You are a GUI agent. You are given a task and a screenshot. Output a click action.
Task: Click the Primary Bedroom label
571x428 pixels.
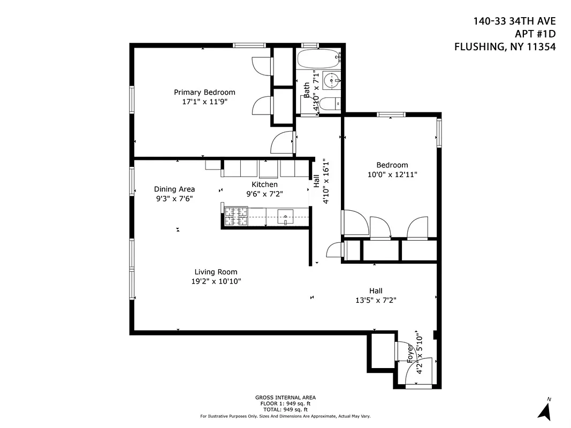tap(204, 92)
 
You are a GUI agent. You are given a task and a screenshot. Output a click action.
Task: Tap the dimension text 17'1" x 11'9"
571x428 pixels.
tap(204, 102)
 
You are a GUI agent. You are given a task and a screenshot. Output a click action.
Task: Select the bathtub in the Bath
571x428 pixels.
tap(318, 58)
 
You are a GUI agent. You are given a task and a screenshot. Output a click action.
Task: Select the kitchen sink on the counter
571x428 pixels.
tap(286, 217)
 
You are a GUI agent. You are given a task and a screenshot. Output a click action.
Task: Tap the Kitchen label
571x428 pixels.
tap(264, 185)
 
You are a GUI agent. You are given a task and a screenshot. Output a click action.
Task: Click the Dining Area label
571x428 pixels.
tap(174, 189)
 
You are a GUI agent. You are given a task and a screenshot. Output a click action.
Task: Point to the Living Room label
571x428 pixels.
tap(216, 272)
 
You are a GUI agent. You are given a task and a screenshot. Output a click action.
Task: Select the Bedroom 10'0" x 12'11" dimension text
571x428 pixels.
tap(392, 174)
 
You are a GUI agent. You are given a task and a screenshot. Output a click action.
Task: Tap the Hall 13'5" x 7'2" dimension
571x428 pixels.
tap(375, 301)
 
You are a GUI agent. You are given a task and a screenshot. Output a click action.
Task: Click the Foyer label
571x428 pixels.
tap(410, 355)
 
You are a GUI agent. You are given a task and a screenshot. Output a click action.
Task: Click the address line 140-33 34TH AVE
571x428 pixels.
tap(514, 21)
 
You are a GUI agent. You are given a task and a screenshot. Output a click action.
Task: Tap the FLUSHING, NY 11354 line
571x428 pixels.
tap(505, 47)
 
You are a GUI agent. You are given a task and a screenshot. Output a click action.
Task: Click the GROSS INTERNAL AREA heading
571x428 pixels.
tap(285, 398)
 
